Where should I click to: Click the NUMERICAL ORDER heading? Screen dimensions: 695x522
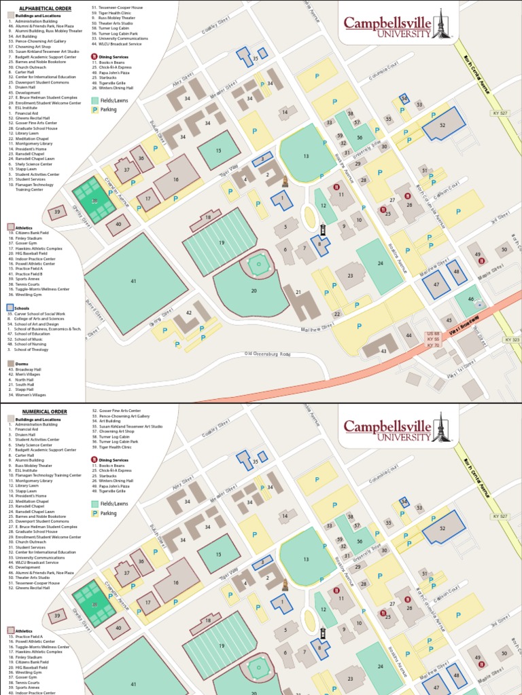(44, 411)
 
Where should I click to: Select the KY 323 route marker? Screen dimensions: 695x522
(512, 339)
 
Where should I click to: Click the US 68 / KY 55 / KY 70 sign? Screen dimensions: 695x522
(433, 339)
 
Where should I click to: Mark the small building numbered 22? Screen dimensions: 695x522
(336, 314)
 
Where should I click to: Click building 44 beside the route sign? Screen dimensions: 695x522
(409, 335)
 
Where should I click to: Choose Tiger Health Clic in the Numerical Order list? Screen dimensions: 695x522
(114, 447)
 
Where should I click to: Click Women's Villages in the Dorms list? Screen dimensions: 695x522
(35, 394)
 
